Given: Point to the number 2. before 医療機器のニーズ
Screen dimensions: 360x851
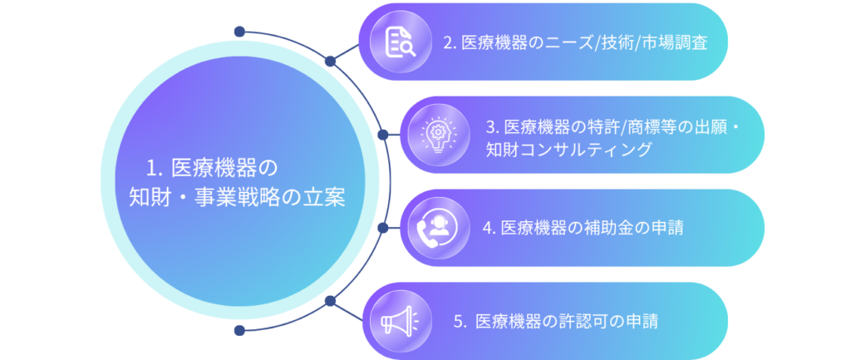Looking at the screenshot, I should [x=450, y=42].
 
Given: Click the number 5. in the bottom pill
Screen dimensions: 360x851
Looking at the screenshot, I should [x=460, y=321].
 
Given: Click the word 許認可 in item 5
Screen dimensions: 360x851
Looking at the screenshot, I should [x=582, y=321].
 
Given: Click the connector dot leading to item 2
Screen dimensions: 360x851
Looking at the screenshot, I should [x=330, y=61].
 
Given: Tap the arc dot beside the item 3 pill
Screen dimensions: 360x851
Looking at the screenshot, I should [x=383, y=133].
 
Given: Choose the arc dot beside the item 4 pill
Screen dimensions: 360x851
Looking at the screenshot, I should [x=383, y=227].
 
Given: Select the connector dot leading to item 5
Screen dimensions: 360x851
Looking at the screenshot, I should [x=330, y=300].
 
